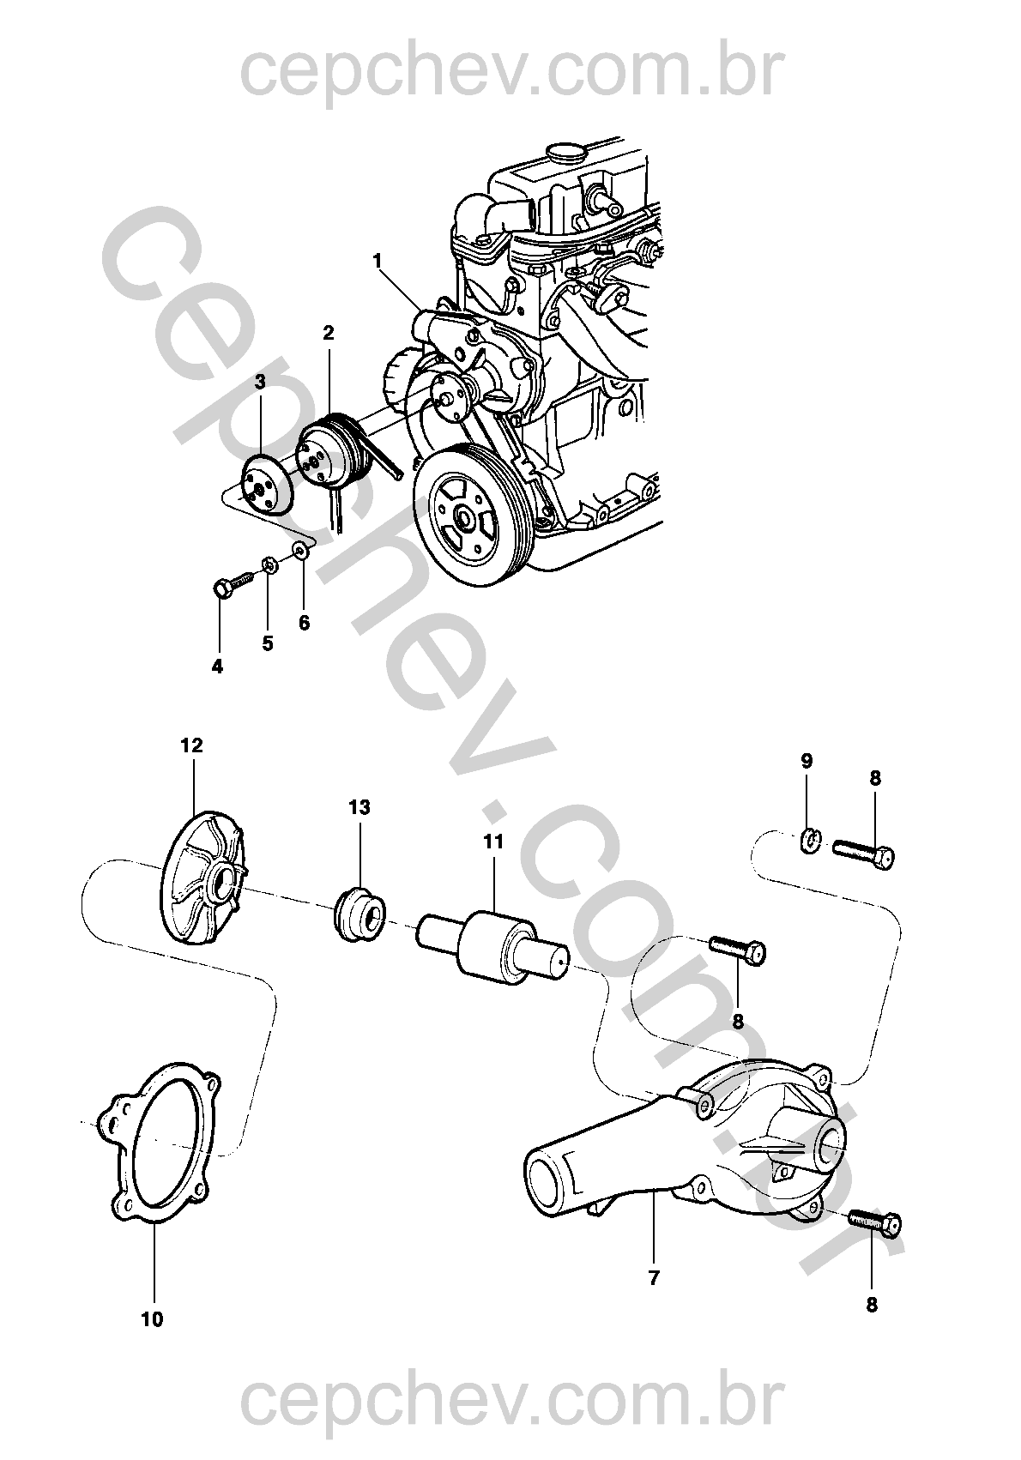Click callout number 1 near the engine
pos(377,262)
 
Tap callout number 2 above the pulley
pos(328,333)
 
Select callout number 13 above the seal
pos(359,807)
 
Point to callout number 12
pos(192,745)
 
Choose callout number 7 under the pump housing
pos(654,1276)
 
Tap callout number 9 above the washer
pos(807,761)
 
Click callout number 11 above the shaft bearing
pos(493,842)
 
